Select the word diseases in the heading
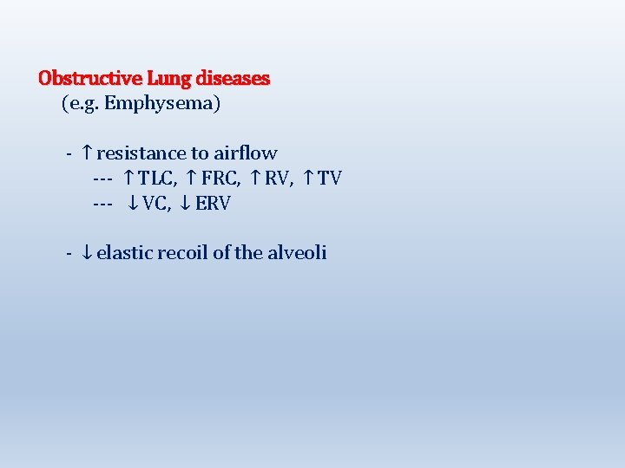234,78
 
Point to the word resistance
141,153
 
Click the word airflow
246,153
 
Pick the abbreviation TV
330,179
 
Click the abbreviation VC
155,204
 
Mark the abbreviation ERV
214,204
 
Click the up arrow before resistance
87,153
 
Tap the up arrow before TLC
128,179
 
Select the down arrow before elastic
87,253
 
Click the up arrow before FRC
192,179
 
